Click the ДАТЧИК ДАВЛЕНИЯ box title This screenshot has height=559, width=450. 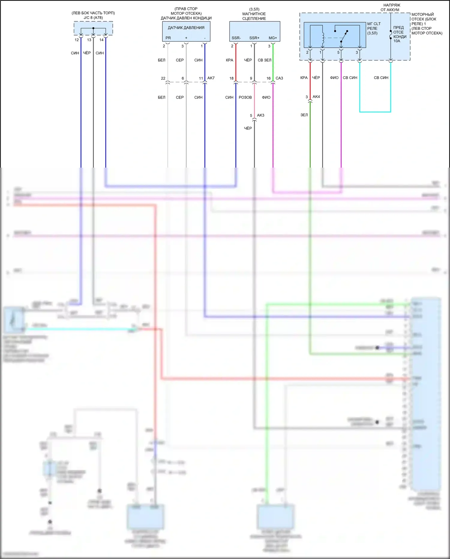(x=186, y=28)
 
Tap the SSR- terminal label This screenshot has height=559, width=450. (x=236, y=38)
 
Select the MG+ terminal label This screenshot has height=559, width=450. (x=273, y=38)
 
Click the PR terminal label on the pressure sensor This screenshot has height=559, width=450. (x=168, y=38)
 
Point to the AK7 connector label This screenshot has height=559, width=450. (x=211, y=78)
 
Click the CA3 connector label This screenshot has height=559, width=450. (x=279, y=78)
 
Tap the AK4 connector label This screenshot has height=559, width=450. (x=316, y=97)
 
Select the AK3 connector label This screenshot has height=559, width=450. (x=260, y=115)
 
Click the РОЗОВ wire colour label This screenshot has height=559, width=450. (x=245, y=97)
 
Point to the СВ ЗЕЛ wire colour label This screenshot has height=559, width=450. (x=264, y=60)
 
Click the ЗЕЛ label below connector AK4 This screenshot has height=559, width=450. (x=304, y=115)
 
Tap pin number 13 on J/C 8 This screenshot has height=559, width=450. (x=89, y=40)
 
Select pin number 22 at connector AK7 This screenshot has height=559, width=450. (x=163, y=78)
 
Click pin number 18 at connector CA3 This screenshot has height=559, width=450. (x=231, y=78)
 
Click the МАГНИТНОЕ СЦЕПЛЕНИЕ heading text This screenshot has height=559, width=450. (x=254, y=16)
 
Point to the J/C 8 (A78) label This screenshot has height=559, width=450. (x=93, y=18)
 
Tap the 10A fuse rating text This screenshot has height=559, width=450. (x=397, y=41)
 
